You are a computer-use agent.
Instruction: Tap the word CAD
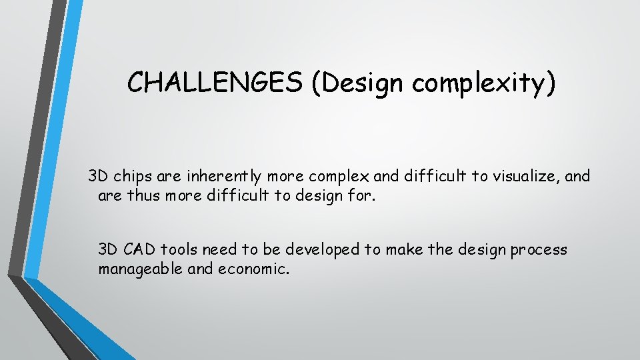(x=139, y=249)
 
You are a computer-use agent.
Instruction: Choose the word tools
(x=178, y=249)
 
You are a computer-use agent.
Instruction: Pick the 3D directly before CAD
(x=108, y=249)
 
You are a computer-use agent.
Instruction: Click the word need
(x=219, y=249)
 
